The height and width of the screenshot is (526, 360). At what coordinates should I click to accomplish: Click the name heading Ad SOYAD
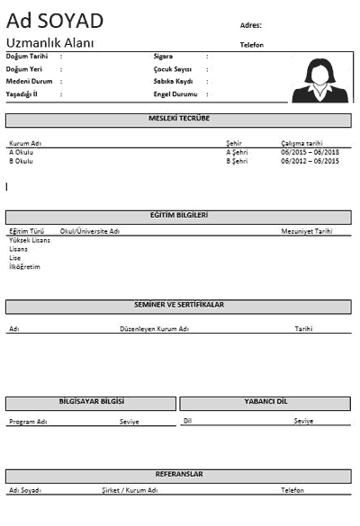pyautogui.click(x=55, y=21)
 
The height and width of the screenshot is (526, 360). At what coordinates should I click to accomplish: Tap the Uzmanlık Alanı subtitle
pyautogui.click(x=50, y=43)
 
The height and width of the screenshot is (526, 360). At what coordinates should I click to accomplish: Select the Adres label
pyautogui.click(x=252, y=24)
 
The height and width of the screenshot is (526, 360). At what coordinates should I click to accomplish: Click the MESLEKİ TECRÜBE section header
pyautogui.click(x=178, y=120)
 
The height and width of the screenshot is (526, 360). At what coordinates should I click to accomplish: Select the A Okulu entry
pyautogui.click(x=21, y=152)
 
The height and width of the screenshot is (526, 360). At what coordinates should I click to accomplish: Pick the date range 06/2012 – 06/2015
pyautogui.click(x=310, y=162)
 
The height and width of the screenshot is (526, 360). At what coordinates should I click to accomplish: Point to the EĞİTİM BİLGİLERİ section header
pyautogui.click(x=178, y=216)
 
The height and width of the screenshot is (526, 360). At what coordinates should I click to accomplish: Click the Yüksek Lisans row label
pyautogui.click(x=30, y=241)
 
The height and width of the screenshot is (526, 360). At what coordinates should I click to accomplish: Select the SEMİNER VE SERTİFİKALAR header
pyautogui.click(x=178, y=306)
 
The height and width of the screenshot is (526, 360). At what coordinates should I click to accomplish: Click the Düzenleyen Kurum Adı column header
pyautogui.click(x=154, y=329)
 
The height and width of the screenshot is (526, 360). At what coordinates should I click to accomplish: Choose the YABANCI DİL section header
pyautogui.click(x=265, y=402)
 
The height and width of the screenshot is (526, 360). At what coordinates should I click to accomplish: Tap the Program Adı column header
pyautogui.click(x=28, y=422)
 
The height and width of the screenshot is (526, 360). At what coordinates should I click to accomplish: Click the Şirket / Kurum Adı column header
pyautogui.click(x=130, y=490)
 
